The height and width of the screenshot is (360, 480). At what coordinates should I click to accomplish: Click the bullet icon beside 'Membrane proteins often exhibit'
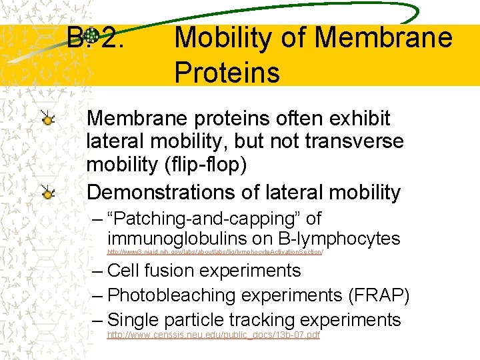coord(47,119)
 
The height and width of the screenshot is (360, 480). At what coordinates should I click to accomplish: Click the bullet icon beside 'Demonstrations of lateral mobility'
coord(47,193)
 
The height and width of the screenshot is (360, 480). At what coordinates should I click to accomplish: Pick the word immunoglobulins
coord(177,239)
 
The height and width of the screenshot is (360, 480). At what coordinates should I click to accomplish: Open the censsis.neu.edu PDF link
coord(213,334)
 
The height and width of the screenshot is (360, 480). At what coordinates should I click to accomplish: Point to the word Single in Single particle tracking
coord(136,319)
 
